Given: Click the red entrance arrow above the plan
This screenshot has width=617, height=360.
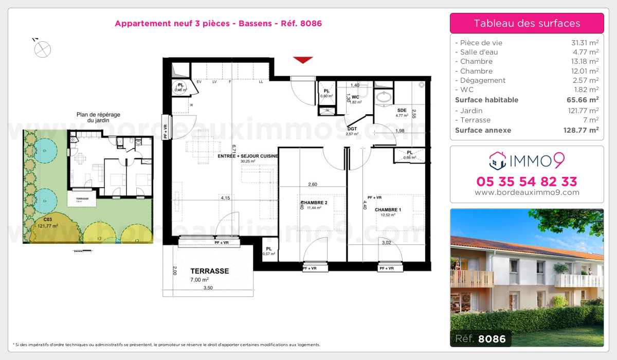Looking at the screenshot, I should click(303, 60).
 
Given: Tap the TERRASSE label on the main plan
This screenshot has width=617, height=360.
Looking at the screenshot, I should click(209, 271).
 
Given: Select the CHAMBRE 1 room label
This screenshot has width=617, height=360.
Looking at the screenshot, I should click(388, 210).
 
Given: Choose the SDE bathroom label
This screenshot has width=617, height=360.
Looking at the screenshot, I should click(402, 111).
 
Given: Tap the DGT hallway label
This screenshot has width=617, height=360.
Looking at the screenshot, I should click(352, 129).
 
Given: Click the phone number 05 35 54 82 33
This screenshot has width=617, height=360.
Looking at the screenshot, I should click(527, 182).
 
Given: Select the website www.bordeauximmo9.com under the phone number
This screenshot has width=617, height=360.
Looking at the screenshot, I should click(527, 193).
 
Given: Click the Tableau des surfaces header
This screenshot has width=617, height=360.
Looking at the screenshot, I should click(527, 23).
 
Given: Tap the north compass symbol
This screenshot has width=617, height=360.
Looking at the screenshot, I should click(42, 49).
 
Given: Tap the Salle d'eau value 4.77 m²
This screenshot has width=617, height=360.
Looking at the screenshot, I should click(585, 52).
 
